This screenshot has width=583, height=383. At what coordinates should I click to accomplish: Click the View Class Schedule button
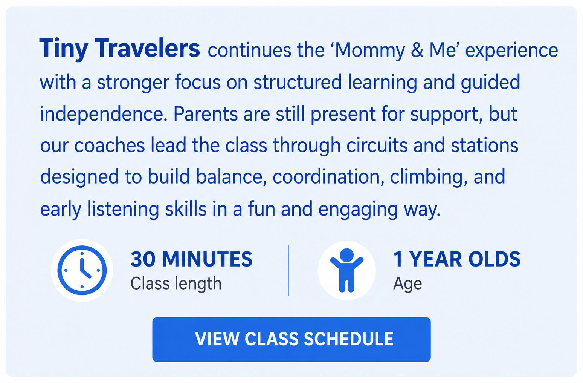pos(291,339)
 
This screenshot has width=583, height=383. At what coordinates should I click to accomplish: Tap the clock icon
pos(82,270)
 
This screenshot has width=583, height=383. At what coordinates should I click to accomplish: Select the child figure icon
pos(347,270)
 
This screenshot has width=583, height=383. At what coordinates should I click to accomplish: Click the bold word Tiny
pos(64,49)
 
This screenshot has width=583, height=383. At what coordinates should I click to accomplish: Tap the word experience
pos(511,51)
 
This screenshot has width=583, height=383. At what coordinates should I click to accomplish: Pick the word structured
pos(297,82)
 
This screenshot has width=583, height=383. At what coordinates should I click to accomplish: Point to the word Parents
pos(205,114)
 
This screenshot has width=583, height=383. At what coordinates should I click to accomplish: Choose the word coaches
pos(109,146)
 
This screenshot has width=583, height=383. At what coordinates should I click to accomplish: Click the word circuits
pos(377,146)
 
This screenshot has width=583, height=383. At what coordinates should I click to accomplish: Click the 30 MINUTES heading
pos(191,259)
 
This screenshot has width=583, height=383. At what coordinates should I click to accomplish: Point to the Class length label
pos(176,283)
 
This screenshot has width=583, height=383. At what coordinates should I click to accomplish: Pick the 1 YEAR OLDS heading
pos(457,259)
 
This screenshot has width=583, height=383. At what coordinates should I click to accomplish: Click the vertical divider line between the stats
pos(288,270)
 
